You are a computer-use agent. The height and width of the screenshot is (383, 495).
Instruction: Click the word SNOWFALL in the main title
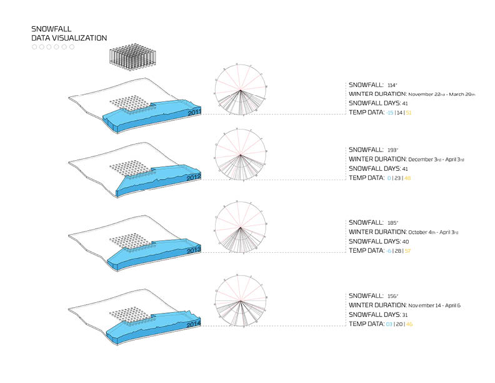point(51,29)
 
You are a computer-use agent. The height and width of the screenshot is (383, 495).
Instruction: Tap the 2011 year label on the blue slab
point(194,112)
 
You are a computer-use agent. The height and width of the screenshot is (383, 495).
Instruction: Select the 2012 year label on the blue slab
point(194,178)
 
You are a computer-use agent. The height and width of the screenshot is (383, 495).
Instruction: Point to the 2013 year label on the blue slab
point(194,250)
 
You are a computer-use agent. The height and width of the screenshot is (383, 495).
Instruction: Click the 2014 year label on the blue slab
point(194,325)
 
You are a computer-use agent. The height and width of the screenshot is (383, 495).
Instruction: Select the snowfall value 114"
point(392,85)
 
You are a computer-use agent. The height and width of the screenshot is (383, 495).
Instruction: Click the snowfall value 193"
point(392,151)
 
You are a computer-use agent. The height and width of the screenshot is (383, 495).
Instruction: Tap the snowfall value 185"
point(392,223)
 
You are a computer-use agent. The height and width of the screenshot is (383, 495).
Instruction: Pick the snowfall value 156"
point(392,296)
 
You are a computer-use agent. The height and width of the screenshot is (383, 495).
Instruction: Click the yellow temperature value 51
point(409,113)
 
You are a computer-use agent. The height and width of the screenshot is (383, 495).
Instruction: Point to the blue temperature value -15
point(390,113)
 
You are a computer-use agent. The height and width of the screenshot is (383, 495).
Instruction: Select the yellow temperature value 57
point(407,251)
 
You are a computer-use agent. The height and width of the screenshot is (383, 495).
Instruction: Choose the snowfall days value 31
point(405,315)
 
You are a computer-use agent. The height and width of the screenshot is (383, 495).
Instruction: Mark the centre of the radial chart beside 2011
point(241,89)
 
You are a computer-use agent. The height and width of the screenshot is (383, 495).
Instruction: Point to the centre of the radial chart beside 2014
point(241,300)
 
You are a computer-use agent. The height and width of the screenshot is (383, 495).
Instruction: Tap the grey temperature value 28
point(397,251)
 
